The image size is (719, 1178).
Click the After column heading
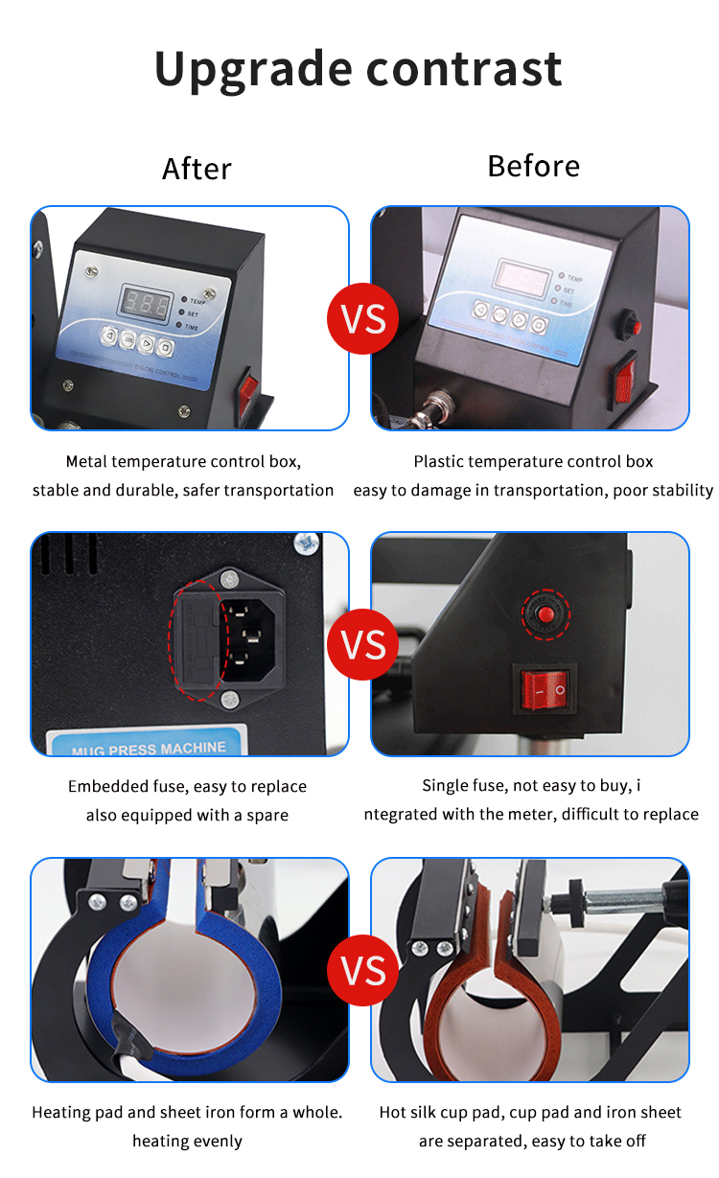(197, 169)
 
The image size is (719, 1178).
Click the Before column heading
(533, 166)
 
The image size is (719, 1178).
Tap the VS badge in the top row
(363, 318)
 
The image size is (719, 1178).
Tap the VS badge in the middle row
(363, 644)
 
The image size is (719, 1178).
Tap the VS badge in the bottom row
(363, 971)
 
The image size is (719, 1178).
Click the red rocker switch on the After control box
(248, 387)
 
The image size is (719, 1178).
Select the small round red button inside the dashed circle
(545, 613)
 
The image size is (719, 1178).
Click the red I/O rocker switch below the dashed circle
(545, 689)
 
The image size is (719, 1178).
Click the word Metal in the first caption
(88, 462)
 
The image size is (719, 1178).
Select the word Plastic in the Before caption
(441, 462)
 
